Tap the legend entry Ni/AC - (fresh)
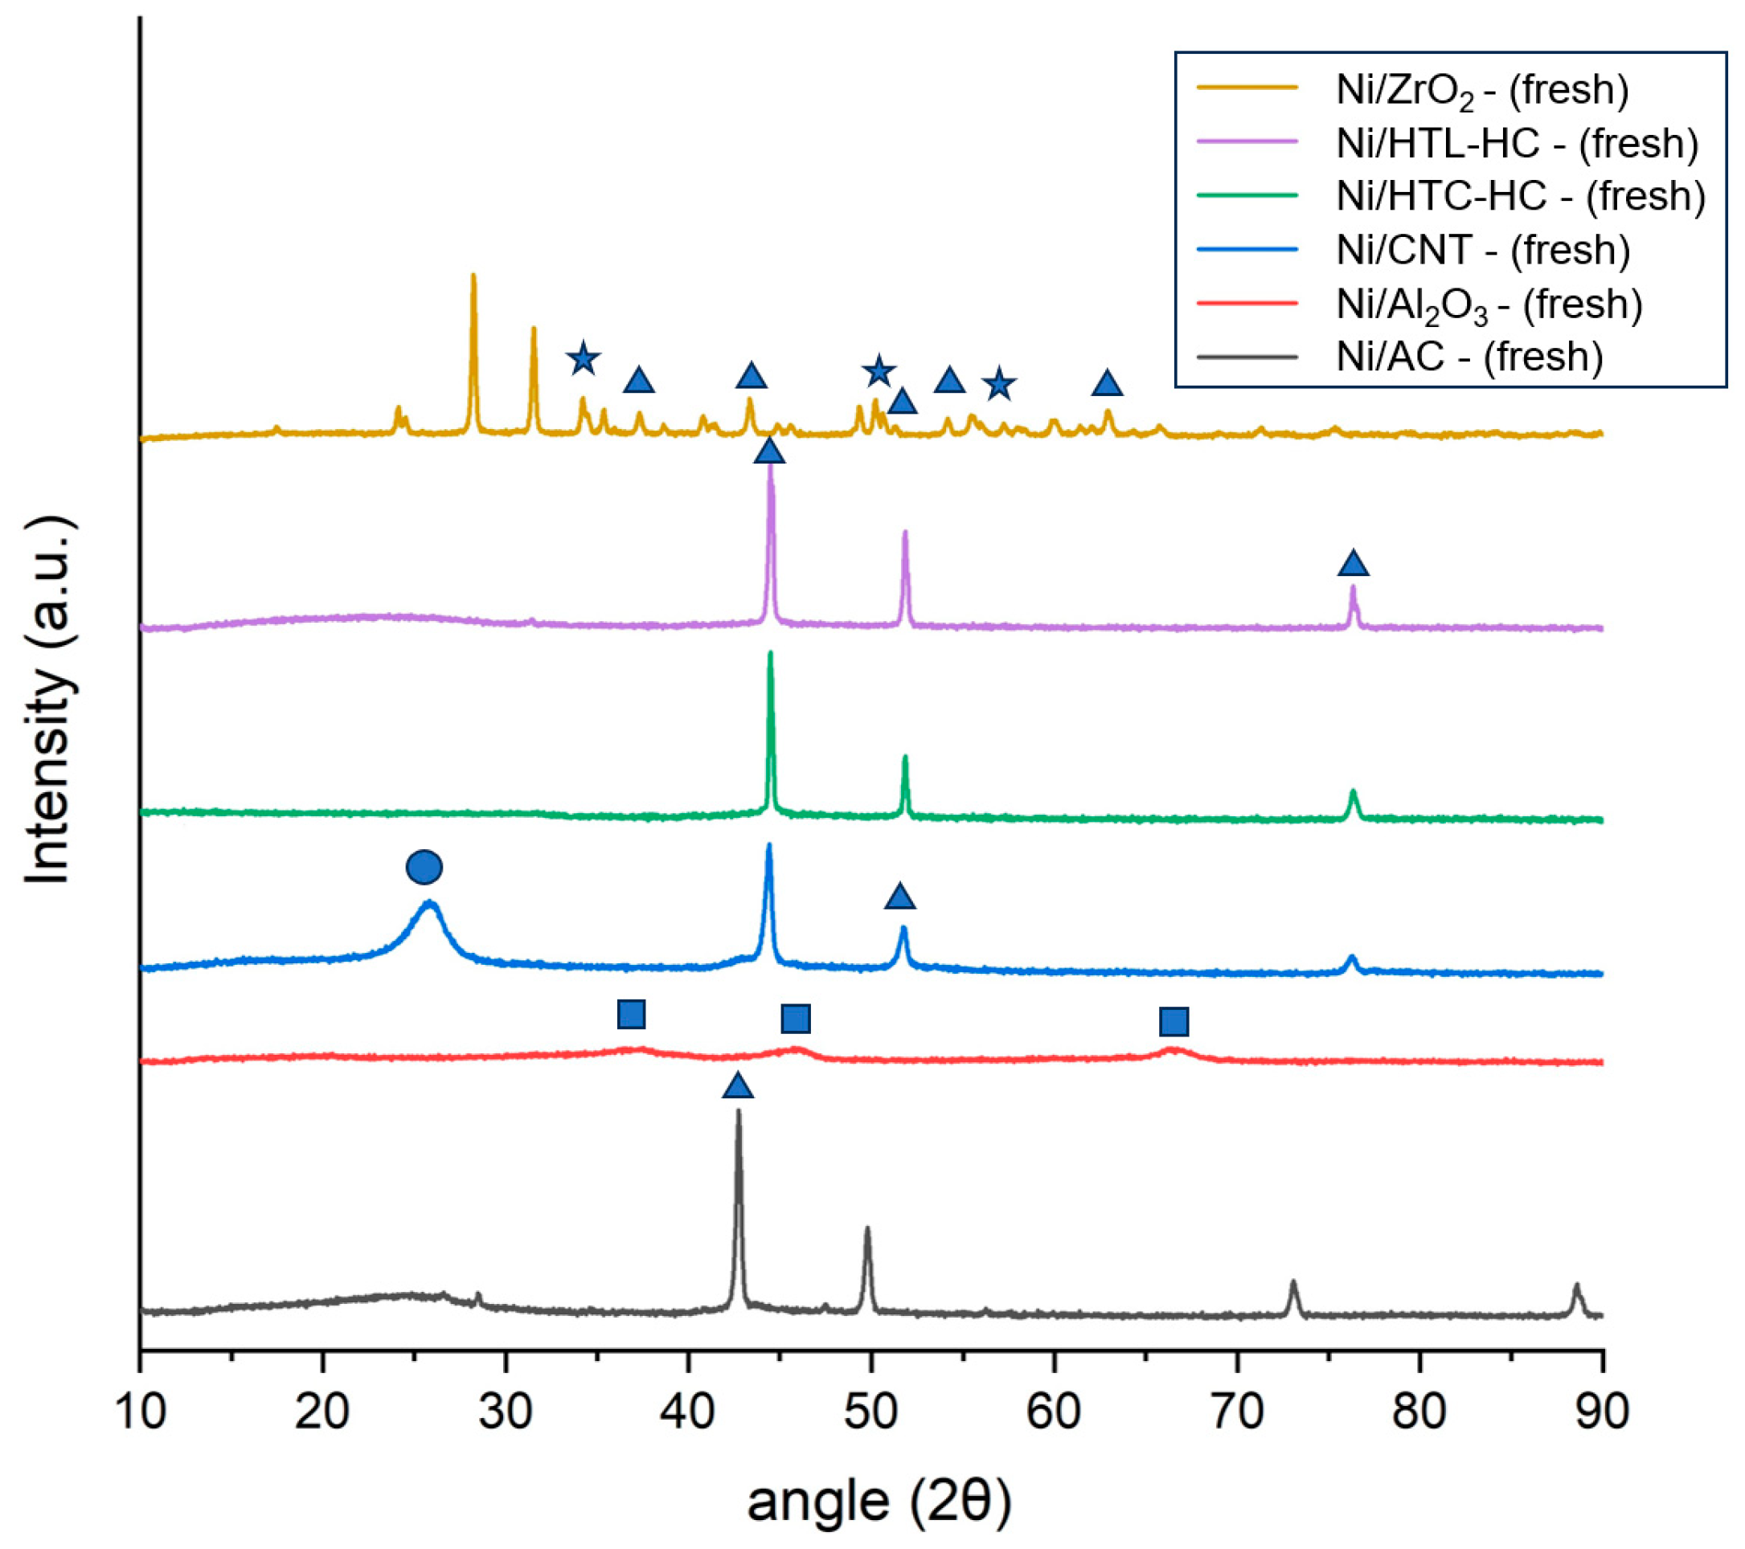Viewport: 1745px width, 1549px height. tap(1469, 357)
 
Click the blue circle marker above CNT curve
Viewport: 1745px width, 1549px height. tap(424, 867)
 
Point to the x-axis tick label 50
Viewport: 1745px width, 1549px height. tap(870, 1412)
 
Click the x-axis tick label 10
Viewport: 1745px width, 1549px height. tap(140, 1412)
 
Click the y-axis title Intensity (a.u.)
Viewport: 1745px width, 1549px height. tap(49, 700)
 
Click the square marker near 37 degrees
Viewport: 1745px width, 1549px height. tap(631, 1014)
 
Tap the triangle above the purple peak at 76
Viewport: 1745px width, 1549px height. tap(1353, 564)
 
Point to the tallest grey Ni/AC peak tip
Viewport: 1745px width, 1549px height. tap(739, 1111)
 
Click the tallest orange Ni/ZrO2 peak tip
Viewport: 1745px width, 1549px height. tap(473, 276)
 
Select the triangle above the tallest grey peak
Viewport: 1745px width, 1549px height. tap(738, 1086)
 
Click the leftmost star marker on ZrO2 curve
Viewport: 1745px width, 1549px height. tap(582, 359)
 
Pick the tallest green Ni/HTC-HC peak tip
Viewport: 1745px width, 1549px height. tap(770, 653)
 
